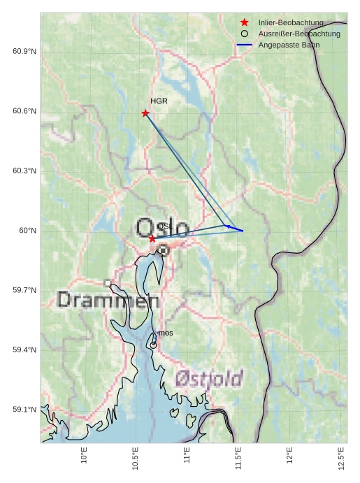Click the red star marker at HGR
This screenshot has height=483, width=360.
tap(145, 113)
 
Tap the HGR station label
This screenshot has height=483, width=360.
tap(159, 101)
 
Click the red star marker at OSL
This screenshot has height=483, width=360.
tap(152, 238)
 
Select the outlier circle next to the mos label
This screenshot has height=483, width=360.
tap(153, 345)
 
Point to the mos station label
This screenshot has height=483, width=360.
tap(166, 333)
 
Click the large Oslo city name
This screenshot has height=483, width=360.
tap(162, 229)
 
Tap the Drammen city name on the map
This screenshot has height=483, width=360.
tap(108, 301)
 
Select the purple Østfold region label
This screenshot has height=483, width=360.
tap(209, 379)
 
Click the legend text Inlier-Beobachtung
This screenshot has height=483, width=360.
tap(290, 22)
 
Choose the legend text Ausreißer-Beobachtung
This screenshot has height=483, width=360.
tap(299, 34)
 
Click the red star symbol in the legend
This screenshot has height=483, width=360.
tap(244, 22)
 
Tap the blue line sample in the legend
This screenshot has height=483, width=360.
tap(244, 45)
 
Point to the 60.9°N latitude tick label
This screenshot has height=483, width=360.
tap(24, 52)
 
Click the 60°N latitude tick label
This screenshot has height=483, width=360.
tap(27, 231)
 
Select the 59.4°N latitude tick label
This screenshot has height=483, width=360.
tap(24, 349)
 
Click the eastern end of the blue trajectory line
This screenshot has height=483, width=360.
tap(243, 231)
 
